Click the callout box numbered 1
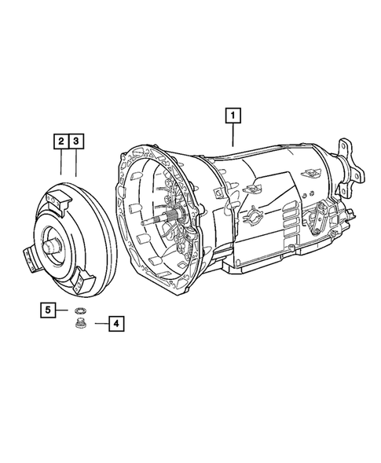pyautogui.click(x=233, y=116)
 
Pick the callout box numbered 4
pyautogui.click(x=115, y=323)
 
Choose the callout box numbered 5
pyautogui.click(x=49, y=311)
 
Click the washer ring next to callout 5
pyautogui.click(x=79, y=312)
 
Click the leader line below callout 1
pyautogui.click(x=233, y=135)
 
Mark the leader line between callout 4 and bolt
pyautogui.click(x=97, y=323)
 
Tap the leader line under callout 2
pyautogui.click(x=60, y=163)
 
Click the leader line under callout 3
pyautogui.click(x=75, y=163)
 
